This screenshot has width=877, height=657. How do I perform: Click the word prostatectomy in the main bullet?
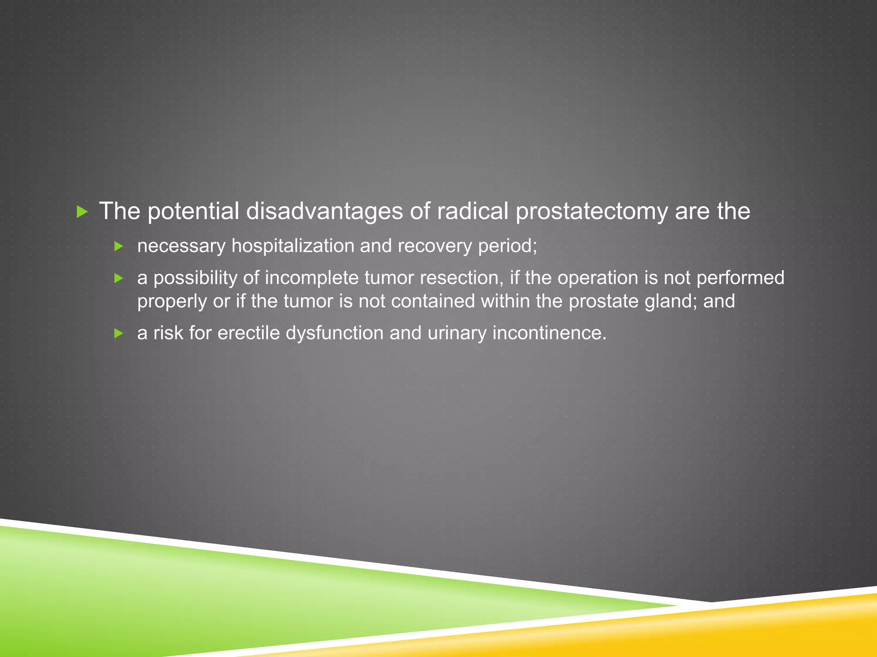point(591,211)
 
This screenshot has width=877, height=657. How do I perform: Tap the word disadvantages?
point(324,211)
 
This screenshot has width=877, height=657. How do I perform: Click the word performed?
point(740,278)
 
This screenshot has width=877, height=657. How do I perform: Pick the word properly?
point(172,302)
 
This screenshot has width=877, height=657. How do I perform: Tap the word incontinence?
point(549,333)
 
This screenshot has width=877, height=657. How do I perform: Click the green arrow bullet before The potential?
point(82,212)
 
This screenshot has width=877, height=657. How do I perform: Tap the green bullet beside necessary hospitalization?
point(119,246)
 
